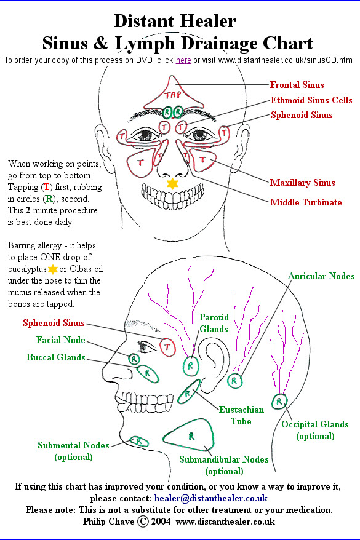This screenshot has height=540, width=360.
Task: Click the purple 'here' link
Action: pos(183,60)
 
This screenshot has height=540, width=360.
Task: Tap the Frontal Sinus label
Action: pos(297,85)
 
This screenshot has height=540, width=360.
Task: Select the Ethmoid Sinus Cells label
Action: pos(311,100)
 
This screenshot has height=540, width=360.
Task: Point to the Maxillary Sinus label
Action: pos(303,183)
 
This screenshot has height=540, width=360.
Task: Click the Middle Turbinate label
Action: pos(306,202)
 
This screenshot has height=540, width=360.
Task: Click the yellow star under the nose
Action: pos(172,183)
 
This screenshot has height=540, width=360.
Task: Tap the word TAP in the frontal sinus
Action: pos(172,95)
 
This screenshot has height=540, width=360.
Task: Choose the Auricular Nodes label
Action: pos(321,276)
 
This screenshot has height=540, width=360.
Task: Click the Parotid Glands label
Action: pos(214,323)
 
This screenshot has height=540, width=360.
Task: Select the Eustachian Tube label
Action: pos(241,415)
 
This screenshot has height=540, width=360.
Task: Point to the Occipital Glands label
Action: pos(315,430)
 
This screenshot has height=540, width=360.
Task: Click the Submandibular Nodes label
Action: pos(224,465)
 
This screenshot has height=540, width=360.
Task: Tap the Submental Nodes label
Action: pos(73,451)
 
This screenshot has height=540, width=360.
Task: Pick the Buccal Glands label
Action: pos(56,357)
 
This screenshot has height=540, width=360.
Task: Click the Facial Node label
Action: pos(61,340)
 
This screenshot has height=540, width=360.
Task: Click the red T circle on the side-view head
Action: pos(167,347)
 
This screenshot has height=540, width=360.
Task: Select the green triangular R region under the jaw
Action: pos(189,435)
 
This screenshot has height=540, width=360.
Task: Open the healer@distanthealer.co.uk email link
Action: pos(211,498)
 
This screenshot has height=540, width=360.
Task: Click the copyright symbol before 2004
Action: pos(143,522)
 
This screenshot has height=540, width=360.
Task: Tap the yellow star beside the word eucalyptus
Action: pos(53,269)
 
